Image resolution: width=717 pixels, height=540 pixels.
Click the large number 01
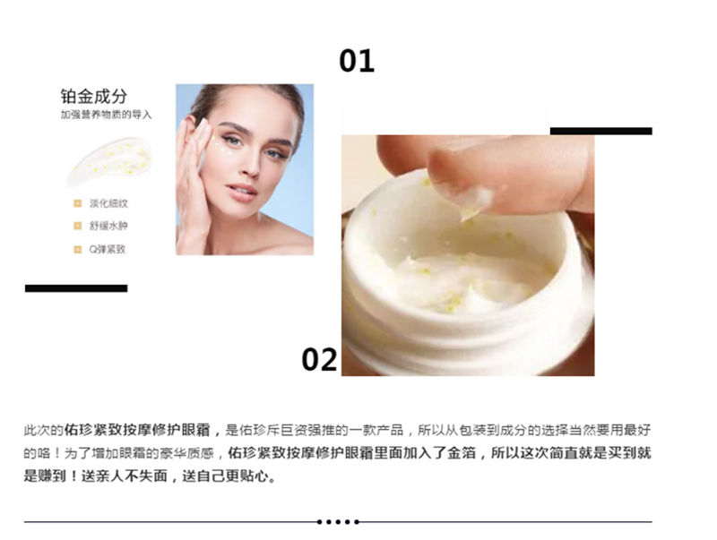(x=357, y=61)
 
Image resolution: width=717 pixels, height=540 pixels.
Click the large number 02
(x=319, y=359)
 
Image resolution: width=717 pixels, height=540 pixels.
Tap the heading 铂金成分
(x=94, y=97)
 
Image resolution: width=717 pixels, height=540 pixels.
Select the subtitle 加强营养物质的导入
(x=106, y=115)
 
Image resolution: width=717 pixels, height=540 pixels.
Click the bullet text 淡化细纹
(x=108, y=203)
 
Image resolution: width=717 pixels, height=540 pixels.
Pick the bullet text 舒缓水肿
(x=108, y=226)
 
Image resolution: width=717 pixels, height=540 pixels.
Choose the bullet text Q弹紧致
(x=107, y=249)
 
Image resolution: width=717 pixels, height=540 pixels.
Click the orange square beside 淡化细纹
(x=78, y=203)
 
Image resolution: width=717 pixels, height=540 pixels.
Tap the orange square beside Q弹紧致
(x=78, y=249)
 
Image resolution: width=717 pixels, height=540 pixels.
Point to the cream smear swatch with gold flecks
(x=109, y=161)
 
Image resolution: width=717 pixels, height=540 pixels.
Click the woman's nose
(x=249, y=166)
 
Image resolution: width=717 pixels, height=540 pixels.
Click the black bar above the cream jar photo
(x=600, y=131)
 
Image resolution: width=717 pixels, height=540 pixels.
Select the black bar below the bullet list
(x=76, y=288)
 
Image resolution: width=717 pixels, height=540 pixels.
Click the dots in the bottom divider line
(x=338, y=522)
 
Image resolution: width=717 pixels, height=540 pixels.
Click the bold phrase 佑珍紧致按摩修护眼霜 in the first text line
(x=137, y=430)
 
